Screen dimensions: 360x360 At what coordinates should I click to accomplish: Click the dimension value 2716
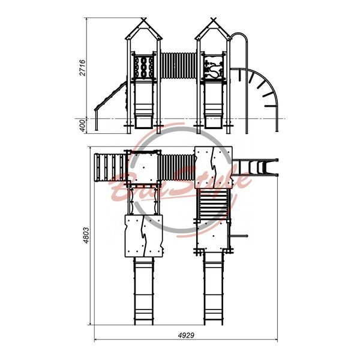[x=82, y=68]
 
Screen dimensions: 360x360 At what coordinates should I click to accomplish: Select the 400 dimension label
[x=82, y=125]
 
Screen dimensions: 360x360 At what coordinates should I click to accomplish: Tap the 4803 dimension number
[x=86, y=235]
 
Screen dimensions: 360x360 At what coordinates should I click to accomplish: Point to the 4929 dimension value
[x=186, y=335]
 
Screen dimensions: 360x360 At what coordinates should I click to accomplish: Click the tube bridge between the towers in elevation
[x=178, y=65]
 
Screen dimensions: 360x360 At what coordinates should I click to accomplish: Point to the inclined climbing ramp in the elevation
[x=111, y=96]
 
